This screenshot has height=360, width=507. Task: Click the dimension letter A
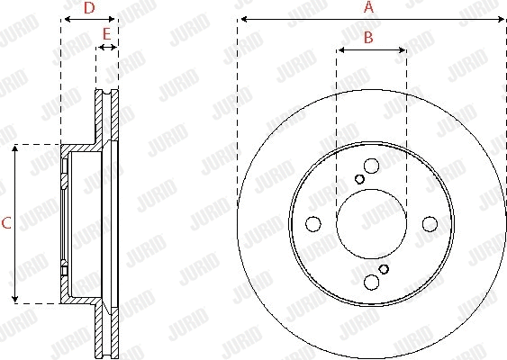pyautogui.click(x=367, y=7)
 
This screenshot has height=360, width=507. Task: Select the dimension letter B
pyautogui.click(x=367, y=37)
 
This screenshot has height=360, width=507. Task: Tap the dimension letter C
pyautogui.click(x=5, y=224)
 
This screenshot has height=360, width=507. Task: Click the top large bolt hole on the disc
pyautogui.click(x=371, y=166)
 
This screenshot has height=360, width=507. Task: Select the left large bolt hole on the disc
pyautogui.click(x=312, y=224)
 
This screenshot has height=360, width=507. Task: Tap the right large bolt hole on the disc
pyautogui.click(x=430, y=224)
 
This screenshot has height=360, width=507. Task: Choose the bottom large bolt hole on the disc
pyautogui.click(x=371, y=283)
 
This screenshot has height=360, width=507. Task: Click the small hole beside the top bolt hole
pyautogui.click(x=359, y=179)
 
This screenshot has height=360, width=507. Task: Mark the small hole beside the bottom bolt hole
pyautogui.click(x=384, y=269)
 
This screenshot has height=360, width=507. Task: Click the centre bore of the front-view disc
pyautogui.click(x=371, y=224)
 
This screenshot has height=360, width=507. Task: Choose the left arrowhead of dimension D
pyautogui.click(x=64, y=19)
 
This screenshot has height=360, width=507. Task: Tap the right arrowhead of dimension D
pyautogui.click(x=113, y=19)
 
